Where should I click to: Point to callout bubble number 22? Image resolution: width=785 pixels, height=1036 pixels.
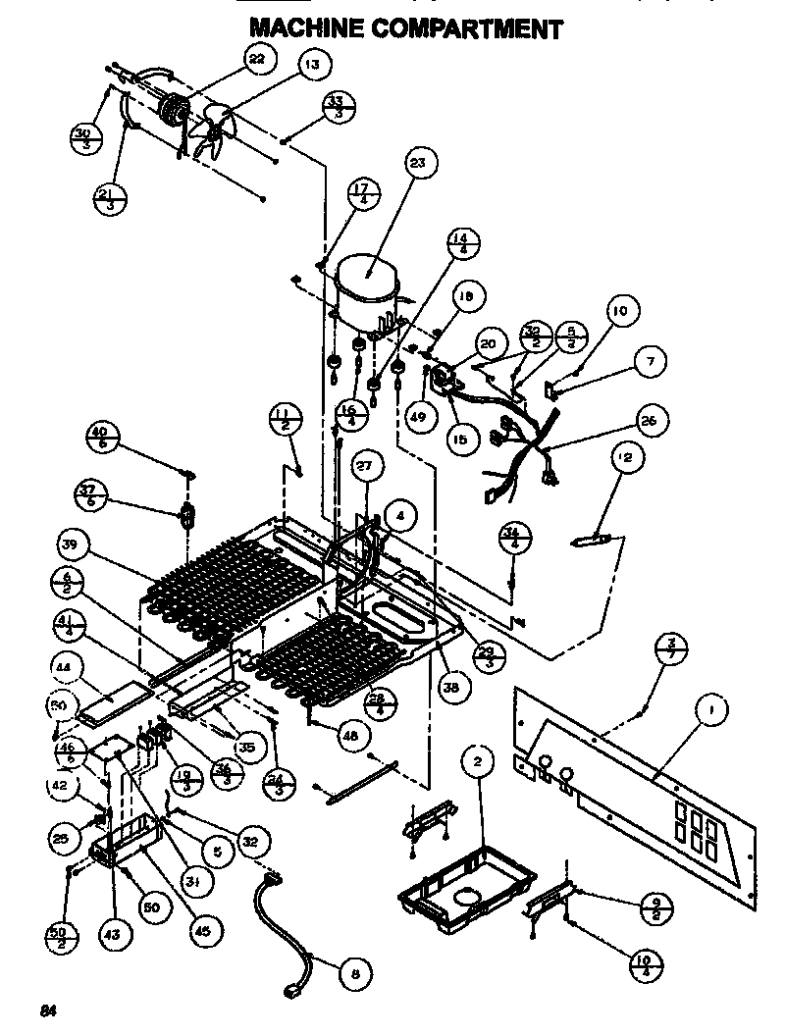tap(257, 60)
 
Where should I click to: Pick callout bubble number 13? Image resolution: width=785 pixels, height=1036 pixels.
tap(312, 66)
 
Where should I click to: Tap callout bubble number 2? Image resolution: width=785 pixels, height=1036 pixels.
tap(477, 761)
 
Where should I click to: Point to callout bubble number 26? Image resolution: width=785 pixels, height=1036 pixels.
tap(649, 422)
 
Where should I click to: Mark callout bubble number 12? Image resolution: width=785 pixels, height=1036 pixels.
tap(626, 457)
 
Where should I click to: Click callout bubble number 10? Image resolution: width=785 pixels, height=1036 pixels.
tap(619, 314)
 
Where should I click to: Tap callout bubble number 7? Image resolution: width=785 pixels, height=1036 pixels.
tap(649, 362)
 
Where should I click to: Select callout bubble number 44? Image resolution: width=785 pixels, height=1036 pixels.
tap(65, 667)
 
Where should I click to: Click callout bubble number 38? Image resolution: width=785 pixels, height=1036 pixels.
tap(450, 689)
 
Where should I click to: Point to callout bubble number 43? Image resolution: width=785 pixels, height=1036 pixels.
tap(112, 935)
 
